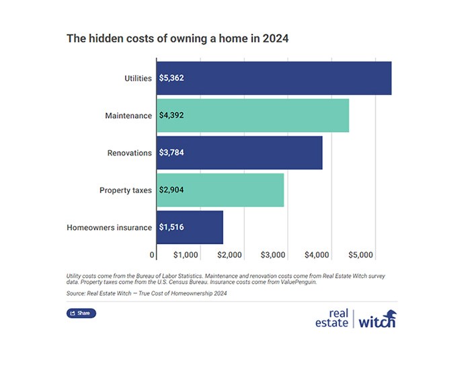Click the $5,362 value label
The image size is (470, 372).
coord(171,78)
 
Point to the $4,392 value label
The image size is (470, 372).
coord(171,115)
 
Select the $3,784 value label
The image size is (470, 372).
coord(171,153)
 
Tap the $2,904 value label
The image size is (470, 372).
coord(171,190)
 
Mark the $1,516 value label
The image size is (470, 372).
coord(171,227)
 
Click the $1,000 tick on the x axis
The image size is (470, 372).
coord(186,256)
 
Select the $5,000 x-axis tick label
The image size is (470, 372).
coord(361,256)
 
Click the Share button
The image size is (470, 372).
coord(81,313)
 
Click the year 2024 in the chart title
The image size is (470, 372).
coord(276,38)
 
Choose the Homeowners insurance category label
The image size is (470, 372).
coord(109,227)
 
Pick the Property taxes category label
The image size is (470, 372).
coord(125,190)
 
